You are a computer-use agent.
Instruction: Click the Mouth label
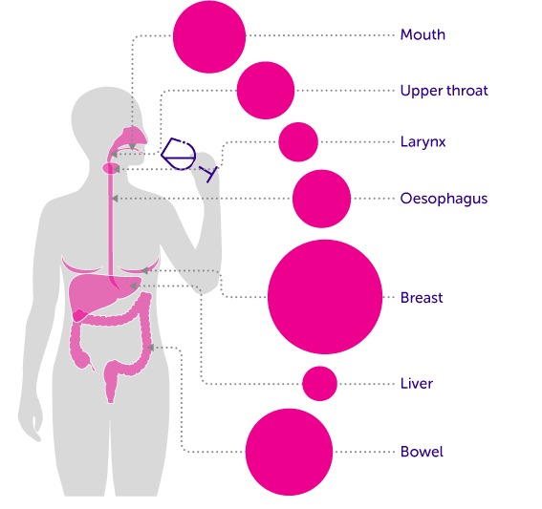[x=423, y=35]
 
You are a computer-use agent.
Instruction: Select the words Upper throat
[x=444, y=91]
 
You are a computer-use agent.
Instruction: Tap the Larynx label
[x=423, y=142]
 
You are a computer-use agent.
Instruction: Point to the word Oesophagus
[x=444, y=199]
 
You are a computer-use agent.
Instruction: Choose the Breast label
[x=422, y=297]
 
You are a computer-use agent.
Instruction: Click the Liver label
[x=417, y=384]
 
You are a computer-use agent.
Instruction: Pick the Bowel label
[x=422, y=452]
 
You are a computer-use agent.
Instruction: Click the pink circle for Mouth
[x=209, y=36]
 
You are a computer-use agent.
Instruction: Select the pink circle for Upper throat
[x=266, y=91]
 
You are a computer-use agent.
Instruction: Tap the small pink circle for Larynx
[x=298, y=142]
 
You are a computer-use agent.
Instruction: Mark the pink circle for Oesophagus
[x=321, y=199]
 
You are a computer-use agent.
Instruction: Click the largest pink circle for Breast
[x=325, y=297]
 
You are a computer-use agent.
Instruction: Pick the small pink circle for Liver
[x=319, y=384]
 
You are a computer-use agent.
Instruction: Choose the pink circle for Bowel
[x=290, y=452]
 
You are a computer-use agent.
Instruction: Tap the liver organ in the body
[x=98, y=293]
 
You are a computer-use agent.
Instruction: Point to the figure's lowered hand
[x=31, y=422]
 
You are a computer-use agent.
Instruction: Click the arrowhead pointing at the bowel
[x=151, y=348]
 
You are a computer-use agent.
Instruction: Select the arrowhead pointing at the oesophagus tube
[x=115, y=199]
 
